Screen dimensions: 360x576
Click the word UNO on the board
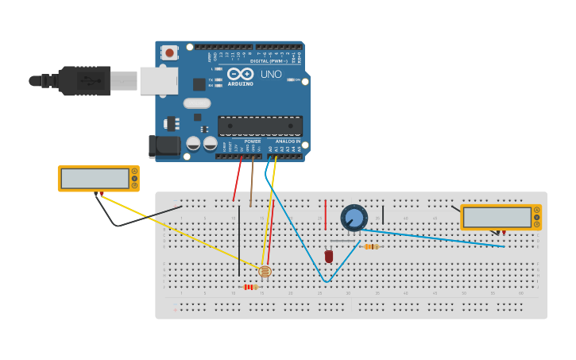271,75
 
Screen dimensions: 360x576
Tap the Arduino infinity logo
241,74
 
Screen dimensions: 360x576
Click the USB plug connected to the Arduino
83,80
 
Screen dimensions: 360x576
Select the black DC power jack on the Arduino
164,146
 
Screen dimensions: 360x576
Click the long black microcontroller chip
260,126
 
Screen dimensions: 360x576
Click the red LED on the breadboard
329,256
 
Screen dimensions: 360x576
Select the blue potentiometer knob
354,218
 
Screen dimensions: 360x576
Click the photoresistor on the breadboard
265,272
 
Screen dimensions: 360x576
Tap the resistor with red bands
250,287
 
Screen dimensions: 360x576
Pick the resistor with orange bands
370,246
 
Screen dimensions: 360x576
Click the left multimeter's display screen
95,179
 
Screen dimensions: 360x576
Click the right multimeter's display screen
497,217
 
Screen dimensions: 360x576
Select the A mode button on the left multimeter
134,171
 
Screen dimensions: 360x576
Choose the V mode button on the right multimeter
537,217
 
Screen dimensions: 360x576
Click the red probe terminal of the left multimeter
101,192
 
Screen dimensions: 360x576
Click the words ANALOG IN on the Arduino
288,141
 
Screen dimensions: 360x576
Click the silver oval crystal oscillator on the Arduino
197,103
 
